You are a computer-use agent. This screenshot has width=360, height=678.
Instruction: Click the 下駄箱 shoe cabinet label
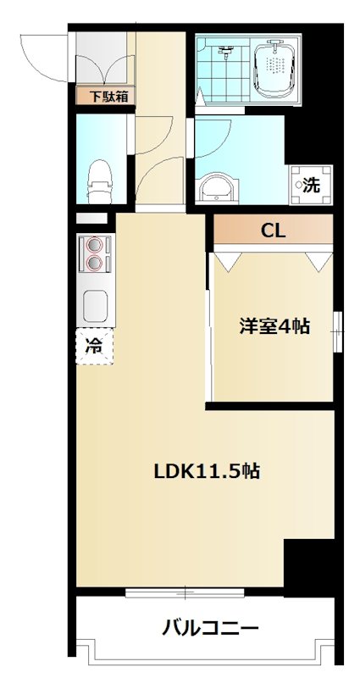click(x=104, y=97)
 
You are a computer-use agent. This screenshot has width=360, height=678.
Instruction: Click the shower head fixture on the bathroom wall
click(x=224, y=51)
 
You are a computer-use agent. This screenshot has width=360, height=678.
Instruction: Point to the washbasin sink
click(x=218, y=186)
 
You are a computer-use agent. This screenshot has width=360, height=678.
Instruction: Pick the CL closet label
click(x=272, y=229)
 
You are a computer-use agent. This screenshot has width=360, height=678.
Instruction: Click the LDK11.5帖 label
click(x=206, y=472)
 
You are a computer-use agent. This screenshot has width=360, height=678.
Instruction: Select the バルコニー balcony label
click(x=210, y=629)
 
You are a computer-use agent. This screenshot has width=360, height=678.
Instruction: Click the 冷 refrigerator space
click(x=94, y=345)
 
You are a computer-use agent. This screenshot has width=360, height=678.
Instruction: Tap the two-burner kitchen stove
click(x=95, y=252)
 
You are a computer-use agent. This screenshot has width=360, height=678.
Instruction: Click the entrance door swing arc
click(x=42, y=55)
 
